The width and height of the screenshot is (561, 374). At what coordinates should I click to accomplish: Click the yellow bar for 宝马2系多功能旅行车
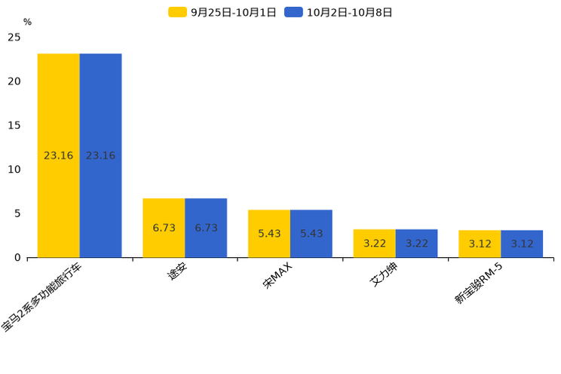[59, 155]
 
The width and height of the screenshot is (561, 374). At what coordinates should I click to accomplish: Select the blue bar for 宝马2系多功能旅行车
[100, 155]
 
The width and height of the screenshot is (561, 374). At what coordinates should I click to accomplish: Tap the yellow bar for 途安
[164, 228]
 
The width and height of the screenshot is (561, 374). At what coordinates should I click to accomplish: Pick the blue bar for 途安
[206, 228]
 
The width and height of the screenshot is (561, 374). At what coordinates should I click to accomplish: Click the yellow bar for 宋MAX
[269, 233]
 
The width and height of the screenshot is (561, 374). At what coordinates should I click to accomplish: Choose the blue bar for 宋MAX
[311, 233]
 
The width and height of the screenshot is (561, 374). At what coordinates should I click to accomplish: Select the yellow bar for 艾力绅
[375, 244]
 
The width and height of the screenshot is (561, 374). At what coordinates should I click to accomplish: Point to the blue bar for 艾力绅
[416, 244]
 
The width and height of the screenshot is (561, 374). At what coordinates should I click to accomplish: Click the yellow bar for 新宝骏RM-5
[480, 244]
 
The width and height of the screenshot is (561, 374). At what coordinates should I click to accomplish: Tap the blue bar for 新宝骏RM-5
[522, 244]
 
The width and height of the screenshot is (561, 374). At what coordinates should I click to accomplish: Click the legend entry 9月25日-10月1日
[222, 12]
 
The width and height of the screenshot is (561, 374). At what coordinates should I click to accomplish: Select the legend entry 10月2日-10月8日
[339, 12]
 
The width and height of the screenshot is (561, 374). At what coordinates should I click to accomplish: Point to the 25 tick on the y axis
[14, 37]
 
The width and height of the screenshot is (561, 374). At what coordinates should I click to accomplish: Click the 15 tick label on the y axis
[14, 125]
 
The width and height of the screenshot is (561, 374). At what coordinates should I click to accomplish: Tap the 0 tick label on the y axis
[17, 257]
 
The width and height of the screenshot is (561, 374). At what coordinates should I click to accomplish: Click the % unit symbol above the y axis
[28, 22]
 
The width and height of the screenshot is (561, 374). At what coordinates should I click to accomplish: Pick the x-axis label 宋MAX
[277, 275]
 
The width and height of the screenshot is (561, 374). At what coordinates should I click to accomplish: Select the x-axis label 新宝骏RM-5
[479, 283]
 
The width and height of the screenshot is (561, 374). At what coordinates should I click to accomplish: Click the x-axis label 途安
[177, 271]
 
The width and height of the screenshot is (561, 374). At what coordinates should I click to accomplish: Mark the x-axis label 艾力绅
[384, 274]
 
